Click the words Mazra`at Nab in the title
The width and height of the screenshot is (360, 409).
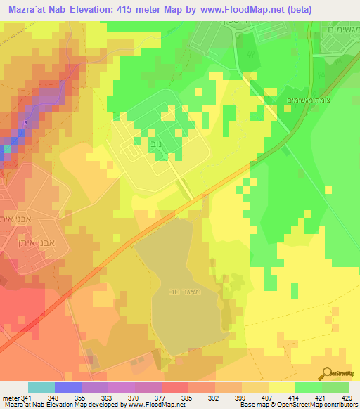33,9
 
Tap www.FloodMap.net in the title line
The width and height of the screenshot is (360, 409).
232,9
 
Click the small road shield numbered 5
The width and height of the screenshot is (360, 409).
25,124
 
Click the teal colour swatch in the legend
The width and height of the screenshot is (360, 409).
41,387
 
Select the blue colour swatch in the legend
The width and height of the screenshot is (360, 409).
68,387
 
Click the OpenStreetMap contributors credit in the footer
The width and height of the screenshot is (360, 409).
316,405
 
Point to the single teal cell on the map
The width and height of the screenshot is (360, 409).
8,149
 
